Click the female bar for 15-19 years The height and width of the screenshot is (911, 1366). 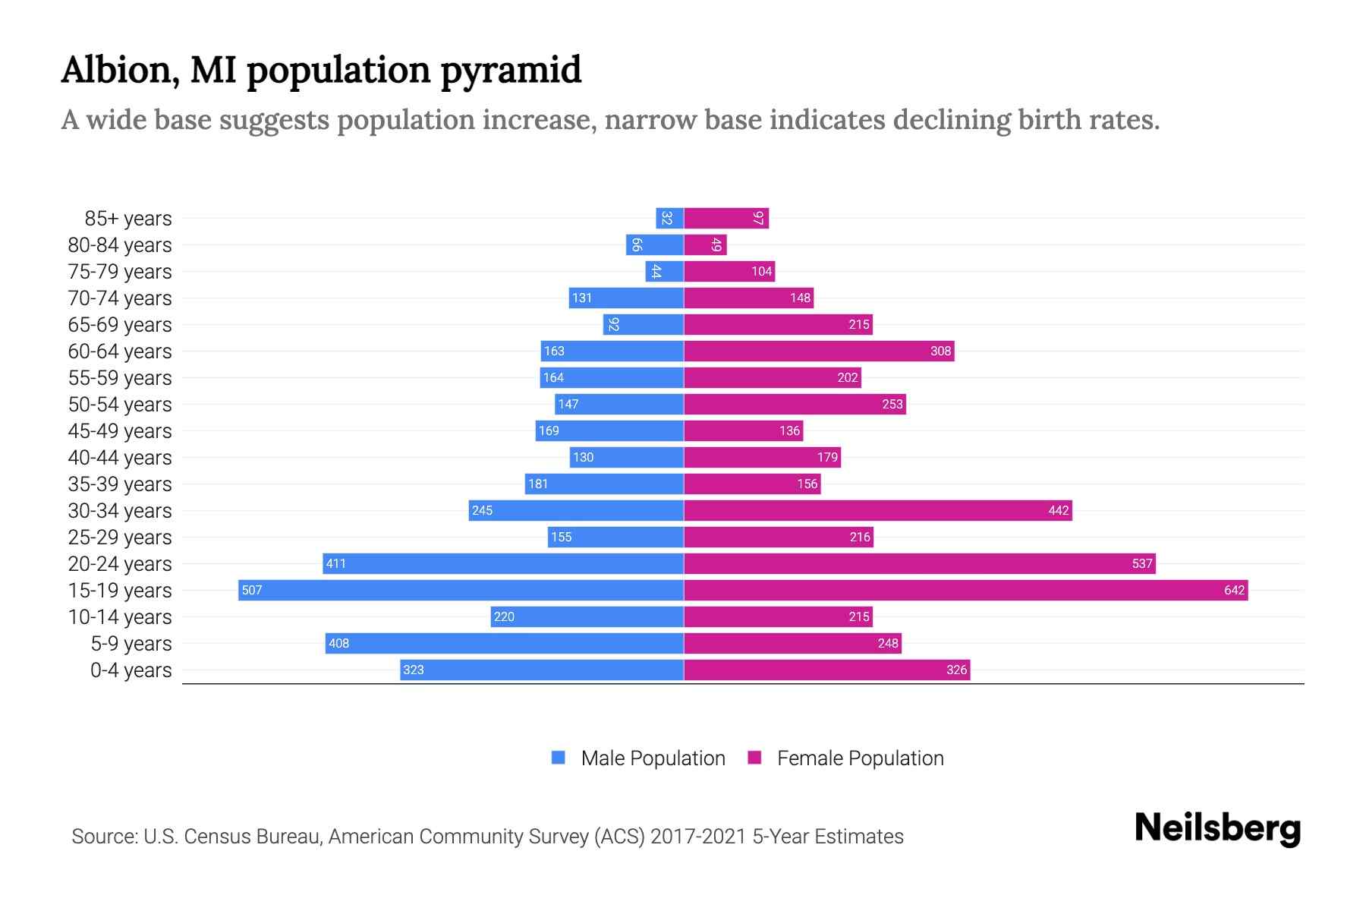coord(965,590)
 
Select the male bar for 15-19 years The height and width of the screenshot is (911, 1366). coord(461,590)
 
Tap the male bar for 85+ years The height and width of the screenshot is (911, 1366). coord(669,218)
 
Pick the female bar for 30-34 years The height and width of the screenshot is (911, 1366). coord(877,510)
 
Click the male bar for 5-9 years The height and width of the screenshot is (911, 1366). coord(505,643)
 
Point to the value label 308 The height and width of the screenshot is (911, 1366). coord(940,351)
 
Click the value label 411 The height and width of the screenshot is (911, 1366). coord(335,563)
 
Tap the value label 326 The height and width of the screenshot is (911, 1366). coord(956,670)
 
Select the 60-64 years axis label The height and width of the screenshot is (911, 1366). coord(120,351)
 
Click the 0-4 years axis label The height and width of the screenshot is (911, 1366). coord(131,670)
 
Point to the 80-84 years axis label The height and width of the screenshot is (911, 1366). coord(120,245)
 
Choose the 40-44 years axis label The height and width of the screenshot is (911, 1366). coord(120,458)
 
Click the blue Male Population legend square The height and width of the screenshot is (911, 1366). coord(559,758)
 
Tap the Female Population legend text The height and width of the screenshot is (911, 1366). coord(860,758)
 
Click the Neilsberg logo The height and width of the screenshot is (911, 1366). coord(1217,828)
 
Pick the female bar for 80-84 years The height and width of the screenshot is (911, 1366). coord(705,244)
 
